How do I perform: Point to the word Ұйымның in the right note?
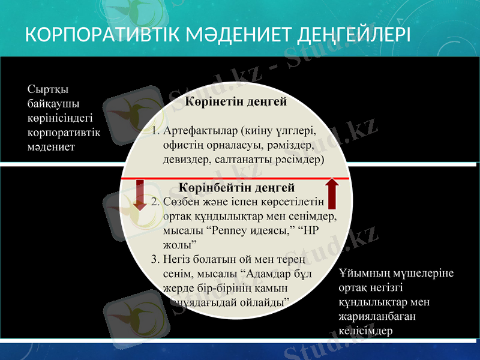coord(362,274)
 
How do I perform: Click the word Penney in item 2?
coord(230,231)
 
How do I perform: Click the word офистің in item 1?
coord(181,145)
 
